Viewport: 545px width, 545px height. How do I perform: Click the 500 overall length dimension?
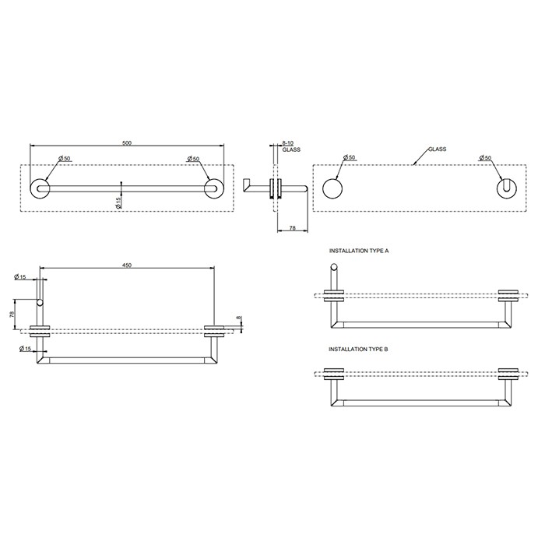click(x=127, y=143)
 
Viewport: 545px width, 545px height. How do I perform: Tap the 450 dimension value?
click(x=127, y=265)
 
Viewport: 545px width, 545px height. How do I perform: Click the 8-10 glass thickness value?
click(x=287, y=143)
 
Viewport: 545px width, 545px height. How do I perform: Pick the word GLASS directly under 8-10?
click(x=291, y=150)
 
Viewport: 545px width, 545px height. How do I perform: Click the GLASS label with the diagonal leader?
click(x=437, y=149)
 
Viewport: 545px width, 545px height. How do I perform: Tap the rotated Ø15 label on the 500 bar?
click(x=118, y=202)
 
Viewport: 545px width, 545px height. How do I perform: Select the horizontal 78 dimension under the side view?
click(x=291, y=228)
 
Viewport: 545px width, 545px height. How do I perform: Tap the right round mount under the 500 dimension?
click(x=211, y=188)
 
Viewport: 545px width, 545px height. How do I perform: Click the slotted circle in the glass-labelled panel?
click(x=507, y=188)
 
